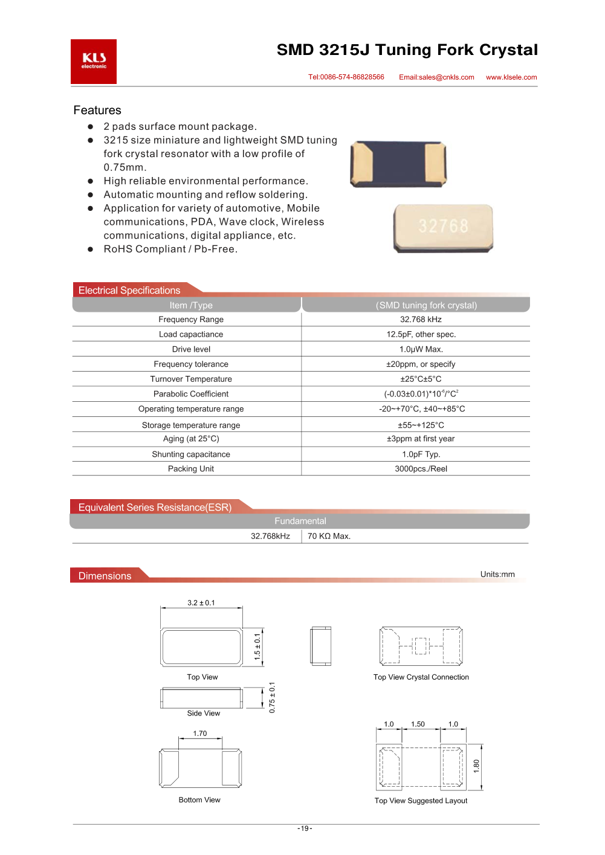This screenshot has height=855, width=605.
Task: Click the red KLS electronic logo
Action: point(94,61)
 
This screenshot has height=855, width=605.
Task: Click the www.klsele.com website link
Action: point(511,77)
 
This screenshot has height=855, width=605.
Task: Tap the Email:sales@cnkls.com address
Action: point(436,77)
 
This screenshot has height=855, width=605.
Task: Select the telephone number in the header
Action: point(346,77)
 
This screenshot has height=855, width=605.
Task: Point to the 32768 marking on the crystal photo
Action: point(444,226)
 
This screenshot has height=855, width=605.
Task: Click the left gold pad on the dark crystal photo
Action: point(362,163)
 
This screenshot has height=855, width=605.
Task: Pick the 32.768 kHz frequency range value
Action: point(421,320)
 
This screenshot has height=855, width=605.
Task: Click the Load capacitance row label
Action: point(191,334)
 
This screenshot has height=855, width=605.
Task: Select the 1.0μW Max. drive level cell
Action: point(421,349)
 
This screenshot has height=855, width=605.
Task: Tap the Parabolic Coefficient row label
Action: point(191,394)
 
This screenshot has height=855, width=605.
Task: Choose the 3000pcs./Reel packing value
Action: point(421,469)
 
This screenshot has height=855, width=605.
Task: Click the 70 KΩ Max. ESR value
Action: point(329,536)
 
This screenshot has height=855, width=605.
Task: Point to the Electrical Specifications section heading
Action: point(129,291)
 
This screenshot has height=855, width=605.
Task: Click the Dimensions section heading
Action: point(105,576)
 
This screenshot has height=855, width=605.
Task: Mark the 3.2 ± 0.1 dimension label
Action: point(201,603)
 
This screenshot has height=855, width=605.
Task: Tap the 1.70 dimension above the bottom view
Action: point(200,734)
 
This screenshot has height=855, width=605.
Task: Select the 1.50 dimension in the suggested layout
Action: point(418,724)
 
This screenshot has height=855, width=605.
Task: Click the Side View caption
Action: point(204,714)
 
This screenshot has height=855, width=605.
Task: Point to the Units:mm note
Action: point(497,574)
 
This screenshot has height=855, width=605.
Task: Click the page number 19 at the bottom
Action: point(305,828)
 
